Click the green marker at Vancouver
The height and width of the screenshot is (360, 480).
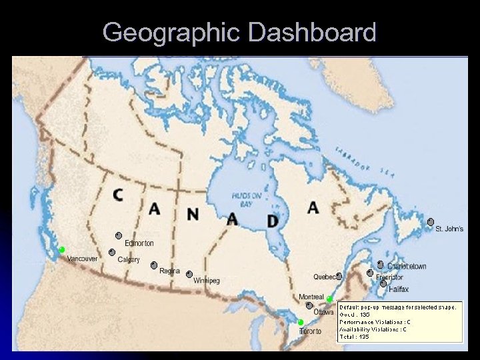coord(61,249)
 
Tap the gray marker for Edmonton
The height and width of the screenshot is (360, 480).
coord(118,235)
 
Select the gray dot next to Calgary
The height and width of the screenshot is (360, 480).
coord(112,252)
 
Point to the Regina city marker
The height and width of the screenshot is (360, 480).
coord(154,265)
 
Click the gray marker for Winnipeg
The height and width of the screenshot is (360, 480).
coord(189,273)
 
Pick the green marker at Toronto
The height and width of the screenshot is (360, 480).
coord(301,323)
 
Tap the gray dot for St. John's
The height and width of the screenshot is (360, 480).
coord(431,221)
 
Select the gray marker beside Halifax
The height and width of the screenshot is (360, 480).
coord(383,283)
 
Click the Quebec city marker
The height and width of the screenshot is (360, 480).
coord(339,275)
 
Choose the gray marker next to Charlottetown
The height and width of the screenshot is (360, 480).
coord(380,264)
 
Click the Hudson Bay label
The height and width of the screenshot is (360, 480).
coord(241,198)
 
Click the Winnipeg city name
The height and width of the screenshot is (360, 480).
coord(207,281)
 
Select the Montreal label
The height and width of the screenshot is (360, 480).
coord(311,297)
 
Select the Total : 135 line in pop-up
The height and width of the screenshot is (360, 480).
coord(355,337)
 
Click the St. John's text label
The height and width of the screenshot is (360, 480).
coord(449,229)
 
